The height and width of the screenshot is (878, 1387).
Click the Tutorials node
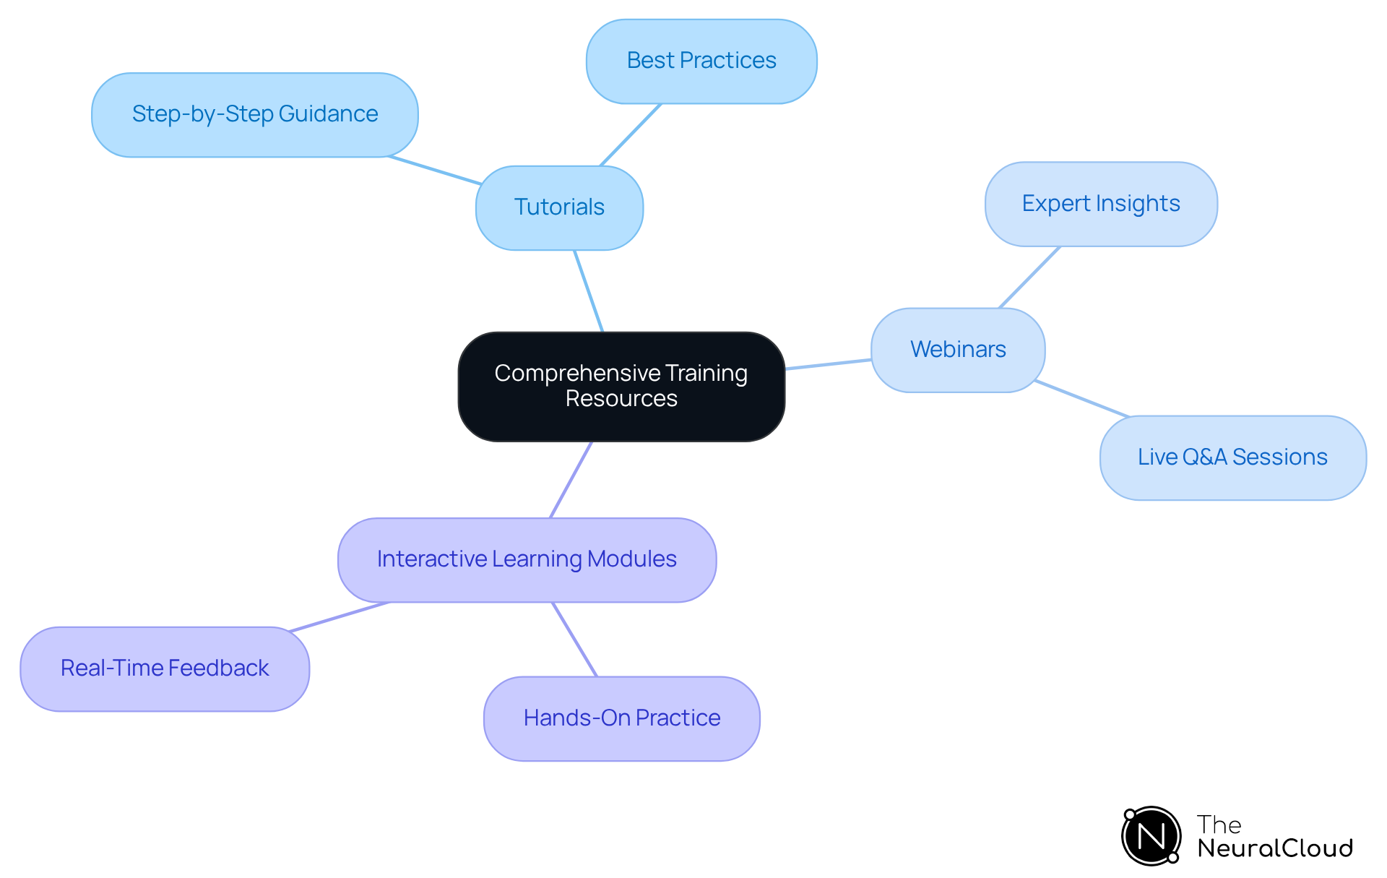click(x=559, y=208)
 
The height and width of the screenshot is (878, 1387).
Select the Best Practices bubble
click(x=701, y=61)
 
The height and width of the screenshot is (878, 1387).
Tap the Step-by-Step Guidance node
click(x=254, y=115)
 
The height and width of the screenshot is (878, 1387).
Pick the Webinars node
click(x=957, y=350)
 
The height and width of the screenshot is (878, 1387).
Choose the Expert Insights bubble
click(x=1100, y=205)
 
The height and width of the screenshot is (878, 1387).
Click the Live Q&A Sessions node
click(x=1232, y=457)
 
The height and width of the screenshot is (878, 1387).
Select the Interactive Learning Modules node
click(x=527, y=560)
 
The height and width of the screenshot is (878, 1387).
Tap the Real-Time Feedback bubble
click(x=165, y=669)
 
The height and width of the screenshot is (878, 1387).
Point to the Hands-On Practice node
click(x=621, y=719)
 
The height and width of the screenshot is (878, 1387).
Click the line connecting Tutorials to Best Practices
click(x=631, y=135)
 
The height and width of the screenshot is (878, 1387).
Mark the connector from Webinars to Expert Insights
click(x=1029, y=277)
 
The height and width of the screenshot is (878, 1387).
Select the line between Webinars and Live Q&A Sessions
click(x=1081, y=399)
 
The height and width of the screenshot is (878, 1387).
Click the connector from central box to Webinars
click(x=828, y=364)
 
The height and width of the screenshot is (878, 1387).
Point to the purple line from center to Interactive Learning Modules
click(x=571, y=480)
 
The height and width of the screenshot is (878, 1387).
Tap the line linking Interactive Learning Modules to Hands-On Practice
click(x=575, y=640)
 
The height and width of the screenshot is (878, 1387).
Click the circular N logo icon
click(x=1151, y=837)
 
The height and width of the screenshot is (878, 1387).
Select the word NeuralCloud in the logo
click(x=1274, y=848)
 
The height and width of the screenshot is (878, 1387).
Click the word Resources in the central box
click(x=621, y=399)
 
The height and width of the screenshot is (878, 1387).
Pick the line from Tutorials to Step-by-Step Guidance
click(x=435, y=171)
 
